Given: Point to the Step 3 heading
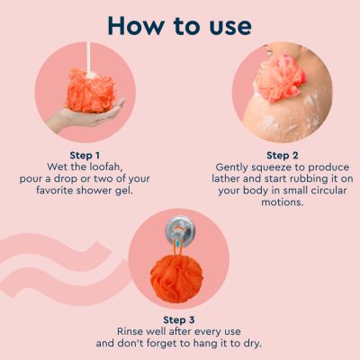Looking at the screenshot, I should [180, 319].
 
